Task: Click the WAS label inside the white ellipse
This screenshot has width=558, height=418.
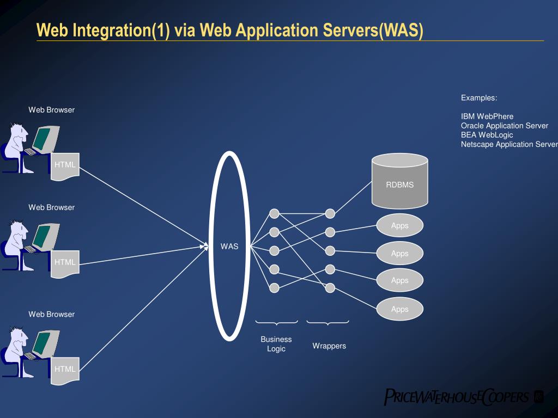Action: tap(229, 246)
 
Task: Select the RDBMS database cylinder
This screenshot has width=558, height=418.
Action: tap(399, 181)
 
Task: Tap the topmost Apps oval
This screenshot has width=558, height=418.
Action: tap(399, 226)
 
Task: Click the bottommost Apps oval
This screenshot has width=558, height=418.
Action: tap(399, 309)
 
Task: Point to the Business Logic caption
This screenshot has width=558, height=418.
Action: tap(276, 343)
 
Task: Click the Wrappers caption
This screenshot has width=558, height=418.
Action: tap(329, 346)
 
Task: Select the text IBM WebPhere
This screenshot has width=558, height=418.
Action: tap(487, 116)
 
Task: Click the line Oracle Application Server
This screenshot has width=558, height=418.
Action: tap(504, 125)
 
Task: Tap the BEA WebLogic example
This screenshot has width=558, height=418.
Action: tap(487, 134)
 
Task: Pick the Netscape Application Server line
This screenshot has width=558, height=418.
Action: tap(509, 144)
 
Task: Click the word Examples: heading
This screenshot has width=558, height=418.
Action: tap(479, 98)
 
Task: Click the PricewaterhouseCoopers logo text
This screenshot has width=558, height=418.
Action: tap(457, 396)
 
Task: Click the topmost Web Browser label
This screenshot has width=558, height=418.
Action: tap(52, 110)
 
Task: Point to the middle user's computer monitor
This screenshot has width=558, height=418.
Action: tap(43, 235)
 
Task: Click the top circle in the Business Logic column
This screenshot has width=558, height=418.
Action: tap(275, 213)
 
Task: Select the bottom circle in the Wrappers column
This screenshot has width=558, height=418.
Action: tap(330, 288)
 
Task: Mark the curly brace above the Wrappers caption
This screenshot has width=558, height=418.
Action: tap(327, 323)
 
